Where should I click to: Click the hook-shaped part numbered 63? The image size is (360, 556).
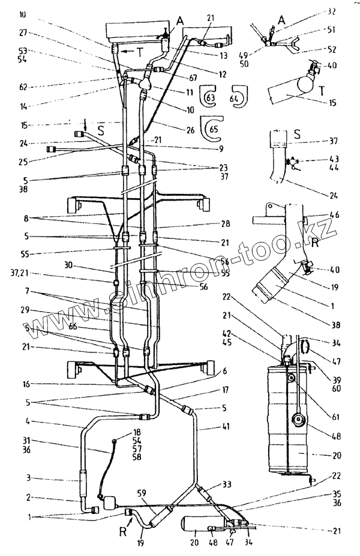[x=210, y=95]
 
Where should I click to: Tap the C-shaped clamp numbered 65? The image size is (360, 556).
[x=212, y=127]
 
